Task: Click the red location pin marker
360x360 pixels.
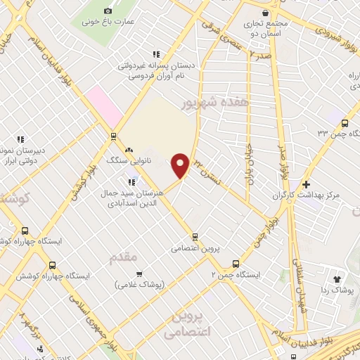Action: [x=181, y=165]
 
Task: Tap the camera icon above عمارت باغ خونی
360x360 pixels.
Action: [x=108, y=11]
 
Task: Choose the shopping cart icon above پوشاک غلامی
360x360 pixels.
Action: [x=139, y=274]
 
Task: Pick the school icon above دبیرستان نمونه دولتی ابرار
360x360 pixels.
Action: [x=20, y=139]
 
